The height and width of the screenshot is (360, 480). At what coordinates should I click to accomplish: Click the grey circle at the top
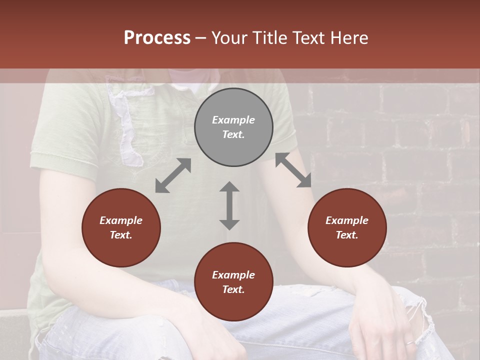coord(233,127)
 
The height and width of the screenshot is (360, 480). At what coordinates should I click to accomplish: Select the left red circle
coord(121,227)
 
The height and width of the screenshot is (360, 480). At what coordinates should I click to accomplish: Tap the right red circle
coord(347,227)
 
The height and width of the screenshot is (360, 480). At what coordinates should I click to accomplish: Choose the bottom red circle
coord(233,282)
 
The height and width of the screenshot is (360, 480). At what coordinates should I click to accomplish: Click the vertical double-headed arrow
coord(229,205)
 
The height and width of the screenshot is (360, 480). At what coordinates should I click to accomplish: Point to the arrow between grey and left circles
coord(173,175)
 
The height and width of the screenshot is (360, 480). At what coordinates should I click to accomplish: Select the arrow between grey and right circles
coord(293,170)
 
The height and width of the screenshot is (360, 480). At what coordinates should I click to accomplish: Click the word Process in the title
coord(157,38)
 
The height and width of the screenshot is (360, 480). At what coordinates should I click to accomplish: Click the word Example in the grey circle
coord(233,120)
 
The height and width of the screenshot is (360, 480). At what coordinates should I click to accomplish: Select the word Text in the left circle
coord(121,235)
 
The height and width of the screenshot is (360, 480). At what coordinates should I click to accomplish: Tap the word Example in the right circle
coord(347,220)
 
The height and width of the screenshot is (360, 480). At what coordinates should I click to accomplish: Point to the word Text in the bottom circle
coord(233,289)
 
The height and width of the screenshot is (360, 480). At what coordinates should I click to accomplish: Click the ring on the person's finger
coord(409,342)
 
